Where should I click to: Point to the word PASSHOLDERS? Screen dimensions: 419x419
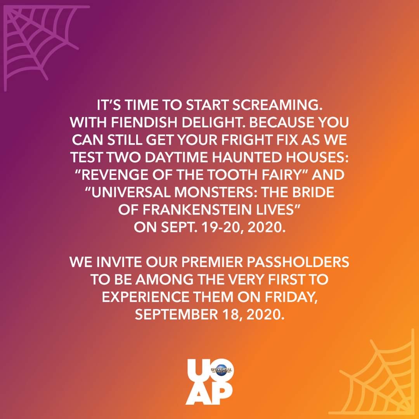pyautogui.click(x=301, y=262)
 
